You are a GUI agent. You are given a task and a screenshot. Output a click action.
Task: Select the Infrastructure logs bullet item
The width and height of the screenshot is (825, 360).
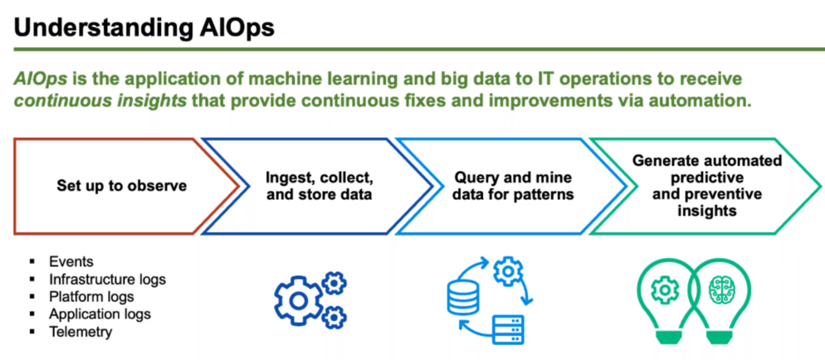[x=107, y=279]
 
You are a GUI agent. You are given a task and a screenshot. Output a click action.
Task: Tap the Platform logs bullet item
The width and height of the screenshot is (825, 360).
[x=91, y=296]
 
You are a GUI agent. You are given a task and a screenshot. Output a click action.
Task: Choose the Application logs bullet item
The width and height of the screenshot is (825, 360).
[x=100, y=314]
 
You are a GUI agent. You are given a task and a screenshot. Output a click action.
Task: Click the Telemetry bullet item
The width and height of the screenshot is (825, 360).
[x=81, y=332]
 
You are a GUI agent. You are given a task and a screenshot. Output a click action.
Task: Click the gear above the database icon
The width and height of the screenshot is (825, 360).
[x=506, y=270]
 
